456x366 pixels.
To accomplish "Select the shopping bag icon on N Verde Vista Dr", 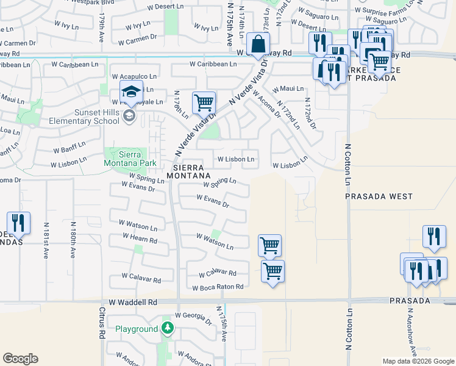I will pos(258,45).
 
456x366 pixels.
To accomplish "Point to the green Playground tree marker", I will pos(168,329).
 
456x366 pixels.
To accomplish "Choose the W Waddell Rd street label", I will pos(133,302).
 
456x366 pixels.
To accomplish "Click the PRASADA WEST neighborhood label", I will pos(379,197).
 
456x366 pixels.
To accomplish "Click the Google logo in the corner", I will pos(20,359).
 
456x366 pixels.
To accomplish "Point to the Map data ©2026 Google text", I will pos(418,361).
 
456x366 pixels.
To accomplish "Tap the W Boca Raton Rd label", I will pos(218,287).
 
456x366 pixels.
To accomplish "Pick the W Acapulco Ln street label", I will pos(134,76).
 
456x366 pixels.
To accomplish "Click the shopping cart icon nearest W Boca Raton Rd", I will pos(273,271).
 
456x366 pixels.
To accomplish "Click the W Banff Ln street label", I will pos(70,150).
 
